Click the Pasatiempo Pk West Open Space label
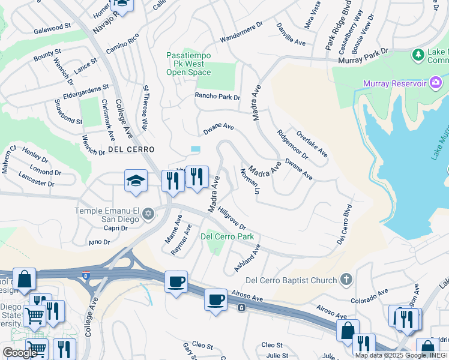(188, 64)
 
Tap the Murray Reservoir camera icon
(436, 83)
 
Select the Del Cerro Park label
(227, 236)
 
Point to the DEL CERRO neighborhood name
(131, 149)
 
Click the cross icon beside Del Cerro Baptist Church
(346, 280)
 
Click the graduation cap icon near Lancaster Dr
(136, 182)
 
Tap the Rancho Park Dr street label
(217, 97)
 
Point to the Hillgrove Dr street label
(232, 218)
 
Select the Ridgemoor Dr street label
(292, 145)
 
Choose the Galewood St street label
(52, 29)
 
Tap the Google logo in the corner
(20, 352)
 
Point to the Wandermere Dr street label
(241, 33)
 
